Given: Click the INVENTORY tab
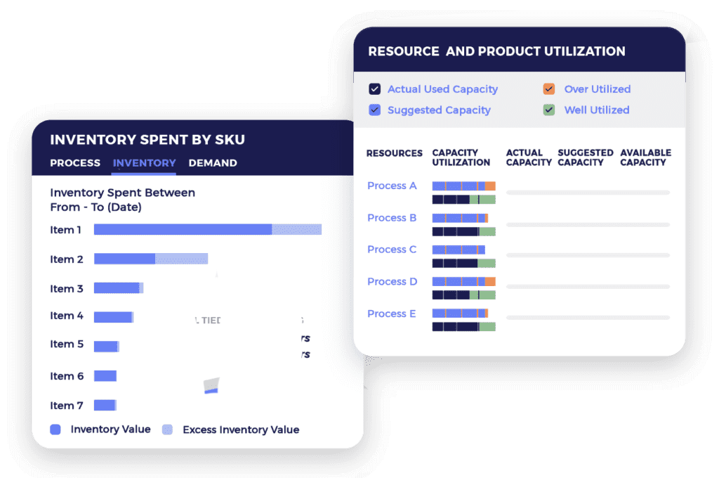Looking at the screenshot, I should [144, 163].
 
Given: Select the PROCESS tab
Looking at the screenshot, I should [75, 163].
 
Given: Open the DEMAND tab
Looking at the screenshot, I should [213, 163].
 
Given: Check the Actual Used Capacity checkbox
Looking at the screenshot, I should [375, 89].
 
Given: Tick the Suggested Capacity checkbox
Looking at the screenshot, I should [375, 110].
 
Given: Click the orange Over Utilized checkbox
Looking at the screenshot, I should [549, 89].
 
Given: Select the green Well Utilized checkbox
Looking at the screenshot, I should [549, 110].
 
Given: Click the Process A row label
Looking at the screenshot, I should [392, 186].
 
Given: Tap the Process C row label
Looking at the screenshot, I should [392, 250].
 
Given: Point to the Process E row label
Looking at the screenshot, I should [392, 314].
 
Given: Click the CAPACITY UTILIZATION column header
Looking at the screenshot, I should [461, 157].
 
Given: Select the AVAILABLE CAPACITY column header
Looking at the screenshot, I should [645, 157].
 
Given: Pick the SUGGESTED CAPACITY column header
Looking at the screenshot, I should [585, 157].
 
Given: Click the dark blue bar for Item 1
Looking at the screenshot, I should [183, 229].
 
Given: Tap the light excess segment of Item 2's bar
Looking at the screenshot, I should [181, 259].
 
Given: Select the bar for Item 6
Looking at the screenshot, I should [105, 376].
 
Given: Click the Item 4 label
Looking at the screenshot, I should [67, 316].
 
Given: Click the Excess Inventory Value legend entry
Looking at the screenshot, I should [240, 429].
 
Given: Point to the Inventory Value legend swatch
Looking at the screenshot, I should [55, 429].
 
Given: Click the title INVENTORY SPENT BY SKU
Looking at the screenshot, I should [147, 139].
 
